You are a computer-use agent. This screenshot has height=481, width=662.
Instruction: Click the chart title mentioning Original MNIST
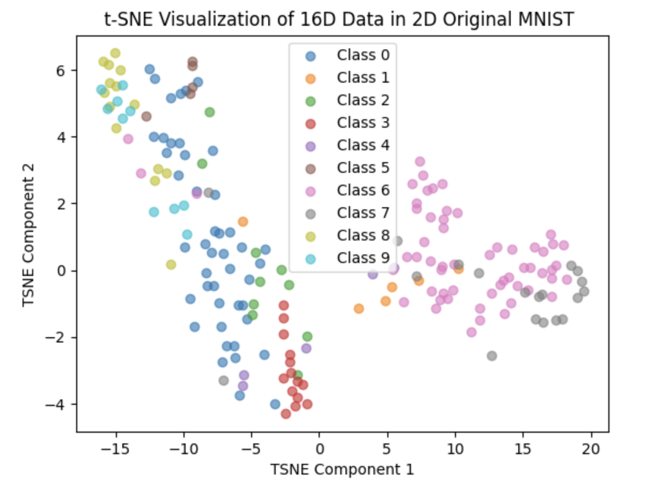[339, 19]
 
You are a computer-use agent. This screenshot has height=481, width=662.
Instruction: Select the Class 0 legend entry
[363, 55]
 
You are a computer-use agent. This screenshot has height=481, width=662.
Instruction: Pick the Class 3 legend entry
[363, 123]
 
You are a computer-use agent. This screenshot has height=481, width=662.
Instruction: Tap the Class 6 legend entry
[363, 191]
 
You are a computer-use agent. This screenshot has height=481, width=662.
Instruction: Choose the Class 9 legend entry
[363, 258]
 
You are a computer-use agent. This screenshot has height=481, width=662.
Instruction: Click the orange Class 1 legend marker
[311, 78]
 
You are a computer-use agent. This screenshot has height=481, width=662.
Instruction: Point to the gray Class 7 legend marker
[311, 214]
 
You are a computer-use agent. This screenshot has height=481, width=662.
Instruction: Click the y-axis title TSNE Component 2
[29, 236]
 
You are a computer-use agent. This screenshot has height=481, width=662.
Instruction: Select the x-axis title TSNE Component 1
[342, 469]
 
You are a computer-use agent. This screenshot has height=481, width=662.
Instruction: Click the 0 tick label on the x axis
[320, 447]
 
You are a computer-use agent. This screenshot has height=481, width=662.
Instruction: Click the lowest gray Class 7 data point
[491, 355]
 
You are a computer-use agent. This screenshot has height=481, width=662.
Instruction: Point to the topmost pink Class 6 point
[420, 162]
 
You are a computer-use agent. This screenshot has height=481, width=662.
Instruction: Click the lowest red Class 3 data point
[286, 414]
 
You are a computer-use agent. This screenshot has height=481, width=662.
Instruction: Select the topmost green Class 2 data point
[210, 112]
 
